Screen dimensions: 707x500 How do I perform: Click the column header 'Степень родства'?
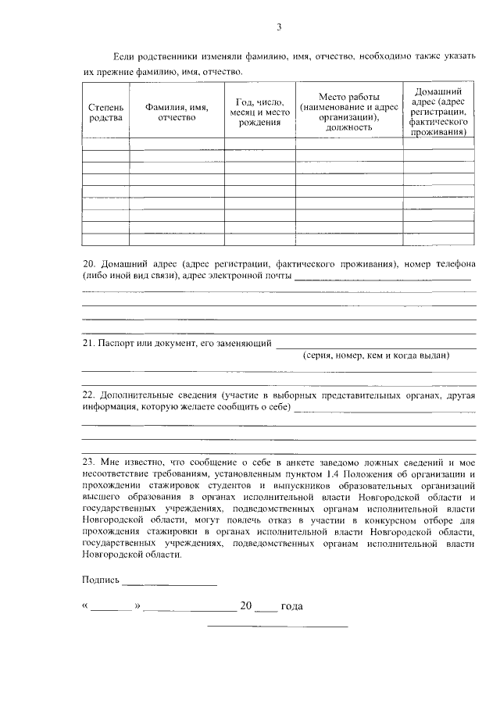pyautogui.click(x=106, y=112)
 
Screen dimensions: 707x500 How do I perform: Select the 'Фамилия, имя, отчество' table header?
pyautogui.click(x=177, y=112)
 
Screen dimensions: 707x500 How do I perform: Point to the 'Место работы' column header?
pyautogui.click(x=348, y=112)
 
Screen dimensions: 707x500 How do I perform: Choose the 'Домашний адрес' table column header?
pyautogui.click(x=437, y=112)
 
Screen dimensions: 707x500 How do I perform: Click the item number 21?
pyautogui.click(x=88, y=343)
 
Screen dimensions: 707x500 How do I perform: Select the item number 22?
pyautogui.click(x=88, y=395)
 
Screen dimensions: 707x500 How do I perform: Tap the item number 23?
pyautogui.click(x=88, y=462)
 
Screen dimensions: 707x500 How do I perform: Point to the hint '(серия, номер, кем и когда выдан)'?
pyautogui.click(x=376, y=355)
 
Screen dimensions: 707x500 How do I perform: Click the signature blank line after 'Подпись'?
pyautogui.click(x=170, y=582)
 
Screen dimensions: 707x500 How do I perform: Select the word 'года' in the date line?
pyautogui.click(x=291, y=606)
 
